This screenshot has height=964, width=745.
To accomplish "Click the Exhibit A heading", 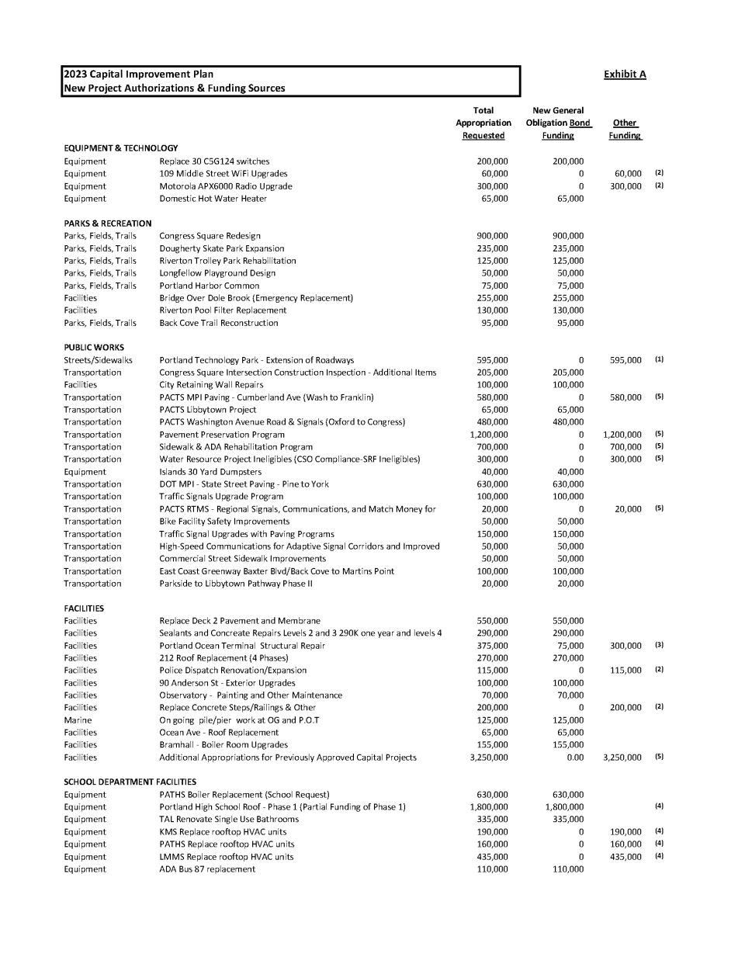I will (624, 75).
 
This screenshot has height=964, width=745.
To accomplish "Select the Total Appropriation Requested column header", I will (483, 123).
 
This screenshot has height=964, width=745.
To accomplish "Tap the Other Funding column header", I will (624, 129).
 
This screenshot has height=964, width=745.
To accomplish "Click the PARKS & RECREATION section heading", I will (107, 224).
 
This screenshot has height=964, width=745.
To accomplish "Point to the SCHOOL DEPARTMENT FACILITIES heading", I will (130, 782).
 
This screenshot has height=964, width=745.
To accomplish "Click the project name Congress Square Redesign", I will (210, 236).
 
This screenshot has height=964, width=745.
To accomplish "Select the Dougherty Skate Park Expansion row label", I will (221, 248).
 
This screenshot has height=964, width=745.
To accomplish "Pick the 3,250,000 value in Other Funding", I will (622, 758).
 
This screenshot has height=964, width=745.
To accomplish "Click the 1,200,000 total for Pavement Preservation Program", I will (488, 435).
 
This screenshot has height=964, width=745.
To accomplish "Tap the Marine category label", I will (78, 720).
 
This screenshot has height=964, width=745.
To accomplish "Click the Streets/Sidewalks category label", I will (98, 360).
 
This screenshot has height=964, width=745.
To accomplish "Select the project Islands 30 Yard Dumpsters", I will (210, 472).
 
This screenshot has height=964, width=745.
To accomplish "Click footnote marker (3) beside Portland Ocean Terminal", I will (659, 645).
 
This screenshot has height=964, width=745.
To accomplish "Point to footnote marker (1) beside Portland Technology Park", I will (659, 359).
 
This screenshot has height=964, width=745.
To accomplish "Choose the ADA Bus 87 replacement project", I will (206, 869).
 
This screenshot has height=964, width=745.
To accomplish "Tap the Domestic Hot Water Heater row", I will (213, 199).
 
